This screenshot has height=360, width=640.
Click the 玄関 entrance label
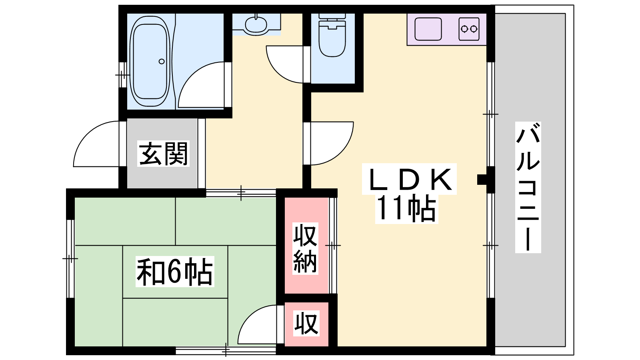[164, 154]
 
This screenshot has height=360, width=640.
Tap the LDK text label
[410, 179]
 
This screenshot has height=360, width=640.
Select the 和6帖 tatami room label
[175, 272]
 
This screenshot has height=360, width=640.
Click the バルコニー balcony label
[528, 187]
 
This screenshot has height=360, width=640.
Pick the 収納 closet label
[305, 248]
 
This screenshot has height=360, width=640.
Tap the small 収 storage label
[306, 324]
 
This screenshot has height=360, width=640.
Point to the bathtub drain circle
[162, 62]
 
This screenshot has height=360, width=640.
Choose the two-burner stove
[469, 29]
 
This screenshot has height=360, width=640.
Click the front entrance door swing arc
[96, 144]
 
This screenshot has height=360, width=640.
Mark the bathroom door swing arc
[201, 85]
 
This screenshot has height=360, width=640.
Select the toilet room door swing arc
[284, 64]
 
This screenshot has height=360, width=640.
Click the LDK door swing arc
[332, 144]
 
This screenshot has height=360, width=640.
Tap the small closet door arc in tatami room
[257, 324]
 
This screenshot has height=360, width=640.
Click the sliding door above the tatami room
[241, 193]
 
